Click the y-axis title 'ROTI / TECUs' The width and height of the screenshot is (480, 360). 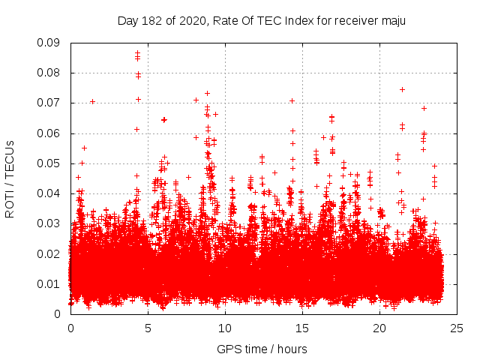pyautogui.click(x=10, y=178)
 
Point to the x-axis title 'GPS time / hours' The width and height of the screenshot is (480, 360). pyautogui.click(x=262, y=349)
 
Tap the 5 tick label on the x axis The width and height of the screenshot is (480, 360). pyautogui.click(x=148, y=328)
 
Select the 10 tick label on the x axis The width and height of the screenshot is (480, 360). pyautogui.click(x=225, y=328)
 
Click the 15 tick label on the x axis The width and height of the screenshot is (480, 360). pyautogui.click(x=302, y=328)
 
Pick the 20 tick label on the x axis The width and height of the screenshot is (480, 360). pyautogui.click(x=379, y=328)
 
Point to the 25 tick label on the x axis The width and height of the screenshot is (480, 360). pyautogui.click(x=457, y=328)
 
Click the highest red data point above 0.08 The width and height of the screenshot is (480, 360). pyautogui.click(x=138, y=53)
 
